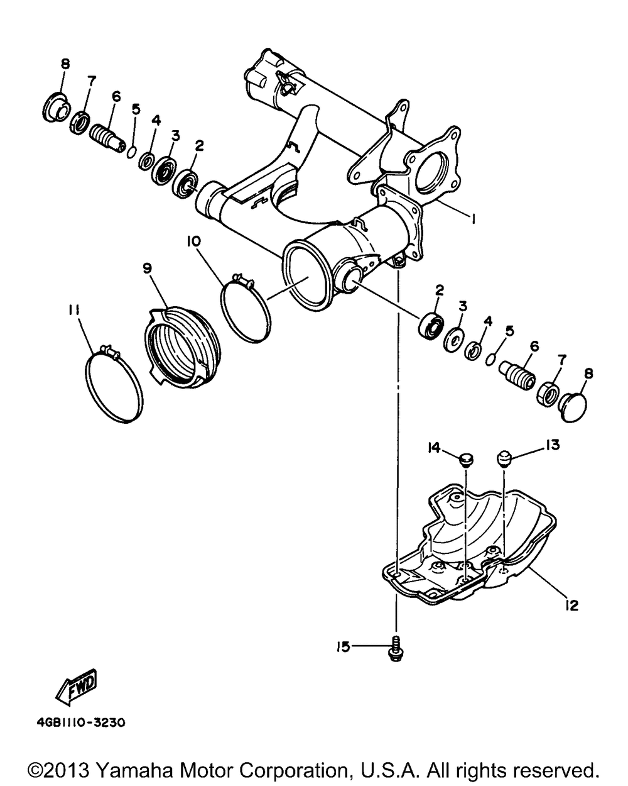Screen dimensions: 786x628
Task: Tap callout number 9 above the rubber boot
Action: (x=147, y=268)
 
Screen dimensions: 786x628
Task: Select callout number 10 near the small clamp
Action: (x=193, y=241)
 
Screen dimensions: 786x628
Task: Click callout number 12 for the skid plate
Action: (x=571, y=606)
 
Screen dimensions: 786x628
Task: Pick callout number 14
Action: (x=433, y=447)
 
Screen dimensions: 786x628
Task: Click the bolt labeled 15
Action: (x=396, y=648)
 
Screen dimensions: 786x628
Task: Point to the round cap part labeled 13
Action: (x=505, y=458)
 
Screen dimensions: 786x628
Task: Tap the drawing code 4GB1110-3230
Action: (x=77, y=722)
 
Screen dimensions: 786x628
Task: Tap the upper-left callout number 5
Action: (x=136, y=109)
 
